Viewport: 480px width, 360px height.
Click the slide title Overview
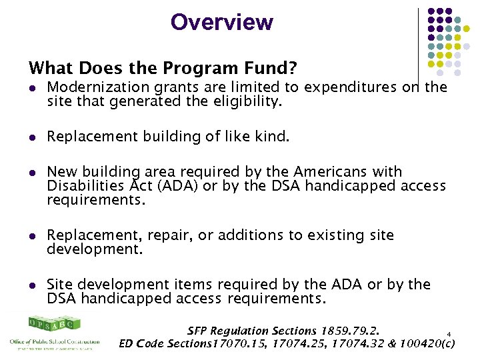[221, 22]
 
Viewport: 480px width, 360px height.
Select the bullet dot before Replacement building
[32, 137]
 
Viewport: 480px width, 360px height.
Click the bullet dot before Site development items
[32, 285]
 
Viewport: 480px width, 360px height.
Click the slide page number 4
[449, 334]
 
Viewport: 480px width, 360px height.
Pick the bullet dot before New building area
[32, 172]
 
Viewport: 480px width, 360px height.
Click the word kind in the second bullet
[275, 137]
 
